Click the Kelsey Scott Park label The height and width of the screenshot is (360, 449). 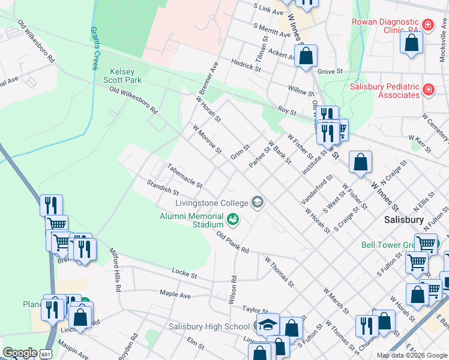(122, 75)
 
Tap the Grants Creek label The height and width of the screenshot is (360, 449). (94, 48)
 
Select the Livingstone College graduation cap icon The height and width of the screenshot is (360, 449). (258, 202)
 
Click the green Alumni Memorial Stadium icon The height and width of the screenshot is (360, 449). (233, 220)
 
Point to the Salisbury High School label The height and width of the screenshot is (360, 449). (208, 326)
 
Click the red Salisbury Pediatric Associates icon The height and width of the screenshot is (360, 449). (429, 90)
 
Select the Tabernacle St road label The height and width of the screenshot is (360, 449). (185, 176)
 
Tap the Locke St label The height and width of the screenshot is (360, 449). (184, 274)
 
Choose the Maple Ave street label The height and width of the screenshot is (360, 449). (175, 294)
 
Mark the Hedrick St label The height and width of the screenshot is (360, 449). (246, 65)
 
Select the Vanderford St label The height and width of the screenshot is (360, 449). (319, 188)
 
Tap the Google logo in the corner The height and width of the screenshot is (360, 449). (20, 352)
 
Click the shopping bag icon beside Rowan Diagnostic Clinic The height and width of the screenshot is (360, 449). (411, 44)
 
